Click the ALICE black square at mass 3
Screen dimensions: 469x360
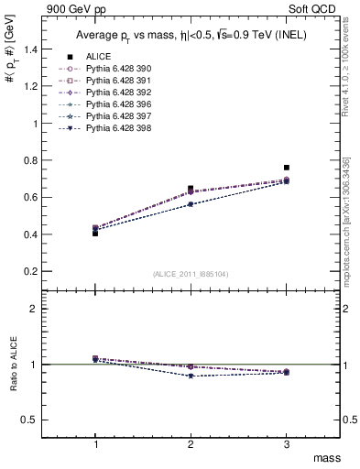pos(287,168)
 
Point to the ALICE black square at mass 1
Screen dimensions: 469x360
pos(95,233)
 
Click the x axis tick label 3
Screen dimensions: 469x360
pos(287,442)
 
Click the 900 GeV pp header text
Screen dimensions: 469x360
pos(78,9)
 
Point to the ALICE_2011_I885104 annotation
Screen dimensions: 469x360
pos(191,274)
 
